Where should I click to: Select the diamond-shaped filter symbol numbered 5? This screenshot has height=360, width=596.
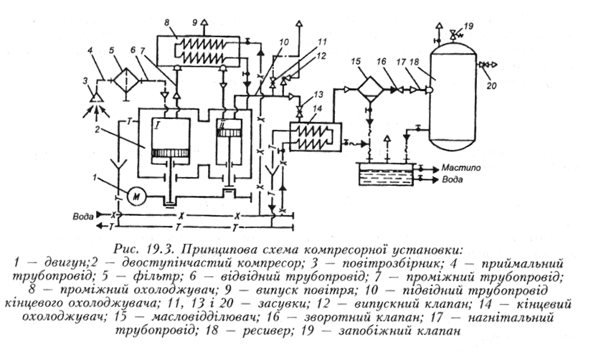point(126,80)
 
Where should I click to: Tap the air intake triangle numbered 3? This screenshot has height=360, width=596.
point(97,97)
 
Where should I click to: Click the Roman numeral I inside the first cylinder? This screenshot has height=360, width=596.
point(157,124)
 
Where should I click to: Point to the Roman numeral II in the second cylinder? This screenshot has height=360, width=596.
point(220,124)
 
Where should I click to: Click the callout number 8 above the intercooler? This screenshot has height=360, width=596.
point(166,23)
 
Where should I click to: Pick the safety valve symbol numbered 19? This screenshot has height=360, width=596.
point(453,34)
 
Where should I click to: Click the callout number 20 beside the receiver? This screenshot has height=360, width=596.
point(491,86)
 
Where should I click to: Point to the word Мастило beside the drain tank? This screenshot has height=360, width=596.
point(461,168)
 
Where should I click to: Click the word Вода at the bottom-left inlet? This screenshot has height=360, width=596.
point(84,217)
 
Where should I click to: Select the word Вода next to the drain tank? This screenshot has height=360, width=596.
point(453,179)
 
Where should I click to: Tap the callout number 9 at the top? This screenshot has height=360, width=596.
point(195,22)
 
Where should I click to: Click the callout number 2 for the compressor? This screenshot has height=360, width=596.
point(98,129)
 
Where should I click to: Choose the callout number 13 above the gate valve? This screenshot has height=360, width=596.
point(318,94)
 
